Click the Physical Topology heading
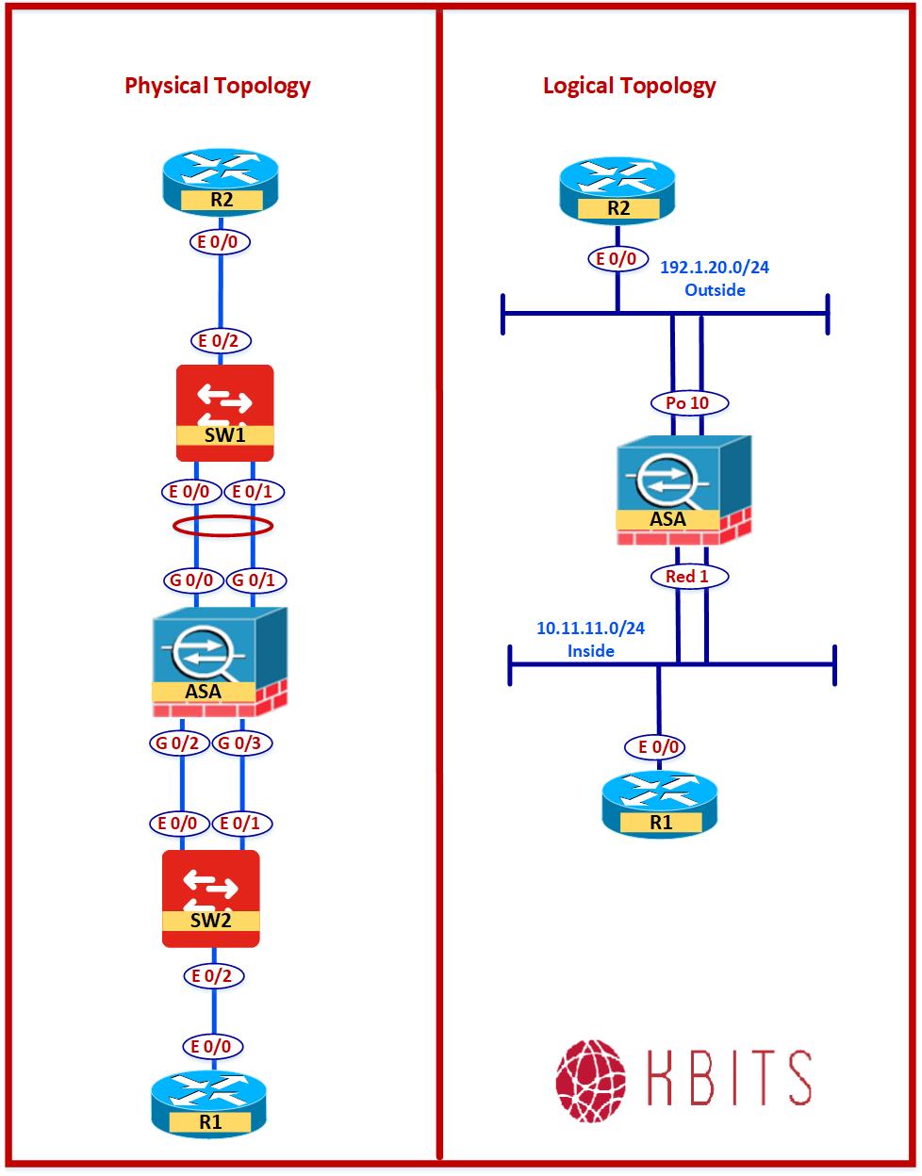[x=218, y=86]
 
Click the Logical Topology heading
[x=629, y=86]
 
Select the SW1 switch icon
[x=225, y=412]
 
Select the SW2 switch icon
[x=210, y=898]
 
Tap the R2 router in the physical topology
[x=221, y=184]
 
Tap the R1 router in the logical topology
[x=661, y=807]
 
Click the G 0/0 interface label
[x=194, y=580]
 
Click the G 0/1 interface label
[x=253, y=580]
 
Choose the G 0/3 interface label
[x=242, y=743]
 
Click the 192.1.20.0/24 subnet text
[x=714, y=268]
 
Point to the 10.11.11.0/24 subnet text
[x=590, y=629]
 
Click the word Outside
[x=715, y=290]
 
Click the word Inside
[x=590, y=651]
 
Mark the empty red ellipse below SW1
[x=223, y=526]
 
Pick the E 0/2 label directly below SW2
[x=211, y=976]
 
